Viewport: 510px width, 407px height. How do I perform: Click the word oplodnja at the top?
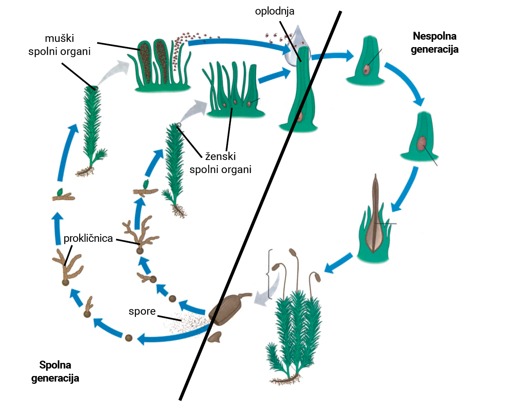275,11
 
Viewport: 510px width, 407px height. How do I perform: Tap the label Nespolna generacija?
435,43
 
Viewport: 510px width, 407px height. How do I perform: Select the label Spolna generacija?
55,371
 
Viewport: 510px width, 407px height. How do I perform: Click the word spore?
142,311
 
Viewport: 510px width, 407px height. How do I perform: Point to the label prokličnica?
88,238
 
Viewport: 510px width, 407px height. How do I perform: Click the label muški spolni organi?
60,45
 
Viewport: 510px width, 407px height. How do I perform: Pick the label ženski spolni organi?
220,163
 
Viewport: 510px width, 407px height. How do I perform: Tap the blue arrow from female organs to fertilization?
273,75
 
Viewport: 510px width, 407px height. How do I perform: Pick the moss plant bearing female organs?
174,168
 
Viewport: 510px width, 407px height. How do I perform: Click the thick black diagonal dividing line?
262,206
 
